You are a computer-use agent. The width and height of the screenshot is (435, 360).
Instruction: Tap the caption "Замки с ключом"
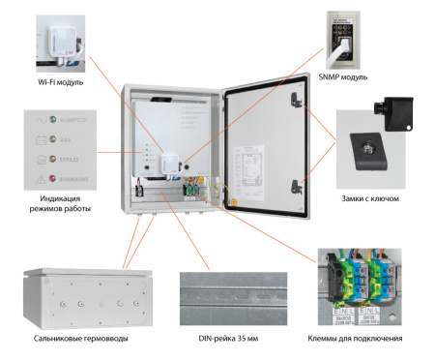click(x=371, y=197)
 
